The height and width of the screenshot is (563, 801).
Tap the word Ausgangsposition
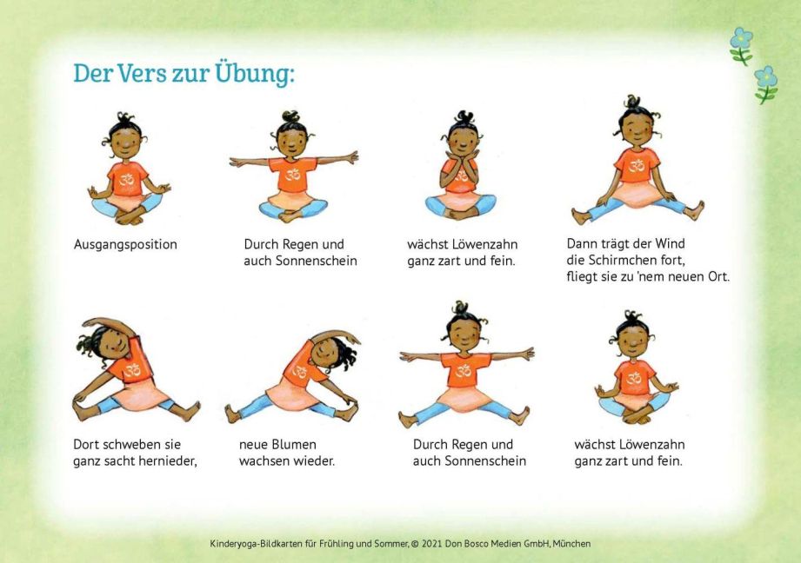tap(125, 244)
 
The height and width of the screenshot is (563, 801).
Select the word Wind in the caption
tap(670, 243)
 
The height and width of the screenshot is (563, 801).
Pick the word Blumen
tap(293, 444)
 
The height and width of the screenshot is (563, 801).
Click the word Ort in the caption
tap(718, 276)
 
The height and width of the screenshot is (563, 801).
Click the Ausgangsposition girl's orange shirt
tap(128, 178)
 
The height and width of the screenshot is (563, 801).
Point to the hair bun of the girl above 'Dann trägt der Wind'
tap(632, 101)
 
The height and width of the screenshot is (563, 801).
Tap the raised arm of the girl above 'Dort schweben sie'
tap(109, 325)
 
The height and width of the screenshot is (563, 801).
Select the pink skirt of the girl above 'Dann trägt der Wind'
tap(636, 195)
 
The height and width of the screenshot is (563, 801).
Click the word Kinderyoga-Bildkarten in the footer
tap(256, 544)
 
